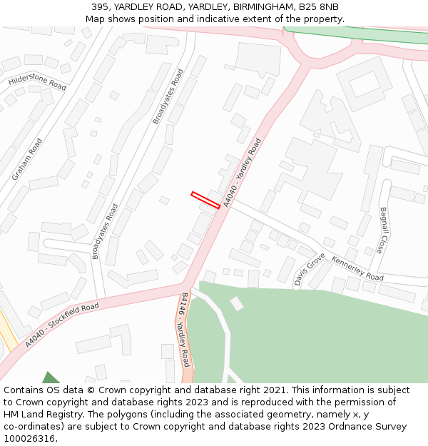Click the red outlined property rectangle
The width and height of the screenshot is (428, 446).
click(205, 200)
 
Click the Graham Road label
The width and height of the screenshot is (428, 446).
click(27, 159)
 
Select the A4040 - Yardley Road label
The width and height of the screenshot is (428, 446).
click(242, 173)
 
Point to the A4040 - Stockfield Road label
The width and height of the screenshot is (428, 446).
click(61, 325)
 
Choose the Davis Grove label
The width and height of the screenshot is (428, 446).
click(310, 269)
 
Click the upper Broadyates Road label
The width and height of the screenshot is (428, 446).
click(168, 96)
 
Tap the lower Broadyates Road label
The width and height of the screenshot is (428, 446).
click(105, 231)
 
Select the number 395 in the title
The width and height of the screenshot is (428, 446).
click(100, 6)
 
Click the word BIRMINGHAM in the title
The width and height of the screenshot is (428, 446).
click(258, 6)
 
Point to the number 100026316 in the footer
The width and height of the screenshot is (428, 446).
click(31, 438)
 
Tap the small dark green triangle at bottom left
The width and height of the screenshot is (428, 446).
click(50, 377)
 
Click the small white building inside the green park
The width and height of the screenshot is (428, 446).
click(236, 304)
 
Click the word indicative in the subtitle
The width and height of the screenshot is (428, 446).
click(209, 19)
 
